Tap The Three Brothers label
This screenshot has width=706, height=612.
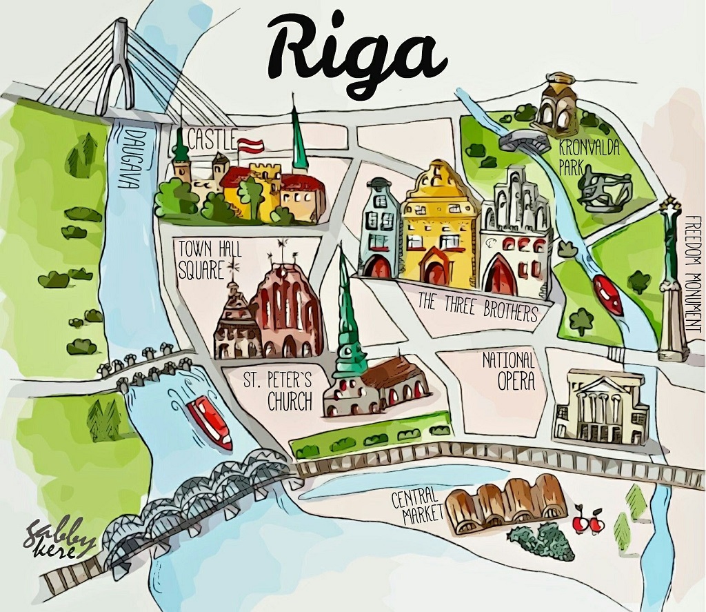pyautogui.click(x=477, y=308)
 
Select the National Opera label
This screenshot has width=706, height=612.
pyautogui.click(x=508, y=370)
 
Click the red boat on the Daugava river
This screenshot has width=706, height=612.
pyautogui.click(x=210, y=421)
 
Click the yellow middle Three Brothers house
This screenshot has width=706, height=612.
pyautogui.click(x=439, y=224)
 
